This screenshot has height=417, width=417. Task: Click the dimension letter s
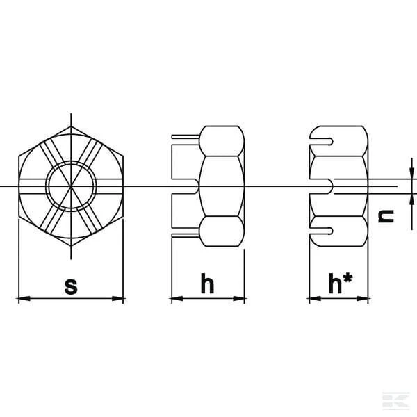71,286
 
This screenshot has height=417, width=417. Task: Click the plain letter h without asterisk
207,283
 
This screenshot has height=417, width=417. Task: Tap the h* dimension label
341,283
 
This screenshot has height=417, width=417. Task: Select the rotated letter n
386,216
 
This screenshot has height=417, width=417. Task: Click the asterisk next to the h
347,278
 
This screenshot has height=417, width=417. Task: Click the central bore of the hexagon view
71,186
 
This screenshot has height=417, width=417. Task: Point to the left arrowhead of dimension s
24,298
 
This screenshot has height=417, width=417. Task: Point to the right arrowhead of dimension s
118,298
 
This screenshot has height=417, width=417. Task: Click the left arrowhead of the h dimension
177,298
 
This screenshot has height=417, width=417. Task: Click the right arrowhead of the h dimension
238,298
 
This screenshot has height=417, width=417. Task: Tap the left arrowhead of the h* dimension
315,298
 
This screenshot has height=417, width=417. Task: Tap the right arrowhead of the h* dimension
363,298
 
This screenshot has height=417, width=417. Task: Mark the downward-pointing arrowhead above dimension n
412,173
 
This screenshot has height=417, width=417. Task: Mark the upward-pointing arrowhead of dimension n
412,199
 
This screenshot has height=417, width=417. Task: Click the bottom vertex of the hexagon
71,246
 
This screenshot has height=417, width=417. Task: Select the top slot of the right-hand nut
321,142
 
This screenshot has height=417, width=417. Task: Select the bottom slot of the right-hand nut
321,231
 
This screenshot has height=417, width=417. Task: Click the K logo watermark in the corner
395,400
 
